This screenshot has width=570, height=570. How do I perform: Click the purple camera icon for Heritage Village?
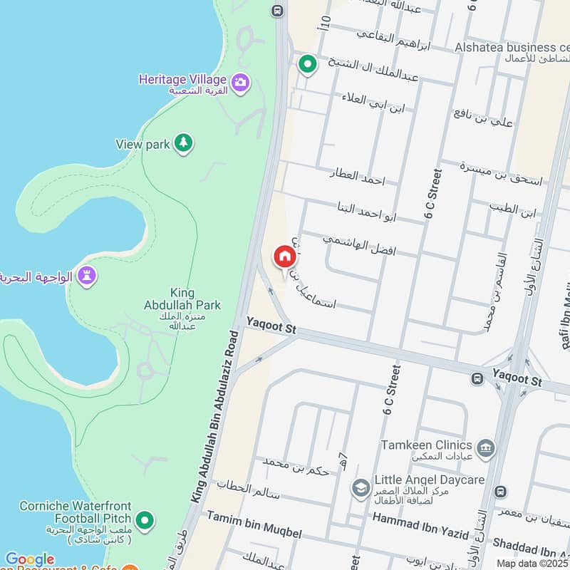(241, 82)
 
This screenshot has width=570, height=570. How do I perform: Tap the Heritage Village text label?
(183, 79)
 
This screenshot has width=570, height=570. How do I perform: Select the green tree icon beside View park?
(184, 144)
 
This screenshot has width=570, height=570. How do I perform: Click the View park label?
(142, 145)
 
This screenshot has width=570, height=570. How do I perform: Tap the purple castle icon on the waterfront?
(87, 276)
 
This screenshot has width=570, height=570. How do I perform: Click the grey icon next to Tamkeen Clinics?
(487, 447)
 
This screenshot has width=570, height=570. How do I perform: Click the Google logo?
(29, 559)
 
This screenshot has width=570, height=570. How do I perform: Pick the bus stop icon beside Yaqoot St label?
(476, 378)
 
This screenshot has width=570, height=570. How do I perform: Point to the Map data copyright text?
(533, 564)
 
